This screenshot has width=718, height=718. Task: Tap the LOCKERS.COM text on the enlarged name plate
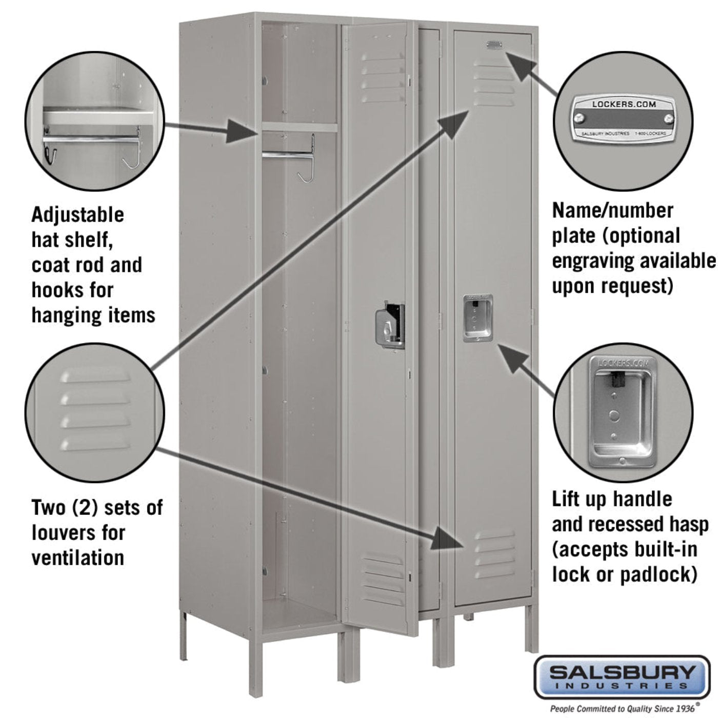click(x=624, y=104)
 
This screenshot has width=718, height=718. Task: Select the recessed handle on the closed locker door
click(x=477, y=318)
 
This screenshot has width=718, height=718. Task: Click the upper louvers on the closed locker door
click(x=494, y=82)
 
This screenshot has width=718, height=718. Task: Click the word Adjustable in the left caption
click(x=77, y=215)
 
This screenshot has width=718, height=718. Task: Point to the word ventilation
click(x=78, y=557)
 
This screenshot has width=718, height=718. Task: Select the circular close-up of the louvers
click(x=95, y=412)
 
